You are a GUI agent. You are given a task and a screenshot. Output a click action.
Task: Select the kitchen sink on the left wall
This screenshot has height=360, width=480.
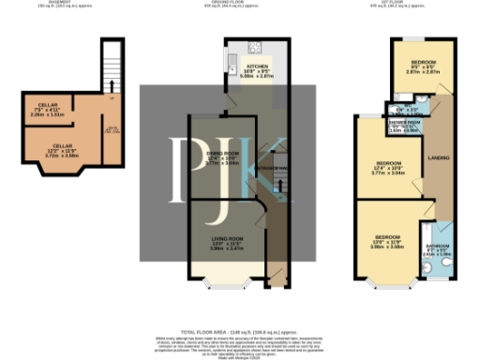[229, 65]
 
